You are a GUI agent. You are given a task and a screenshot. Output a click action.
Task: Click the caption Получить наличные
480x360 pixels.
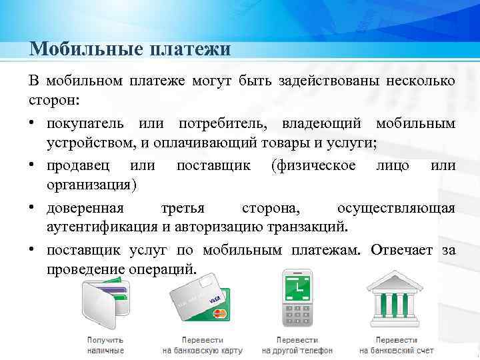[105, 345]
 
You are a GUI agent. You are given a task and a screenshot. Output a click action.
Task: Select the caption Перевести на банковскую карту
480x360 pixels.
[203, 345]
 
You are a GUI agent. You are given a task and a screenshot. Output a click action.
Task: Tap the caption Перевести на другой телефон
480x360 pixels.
[298, 345]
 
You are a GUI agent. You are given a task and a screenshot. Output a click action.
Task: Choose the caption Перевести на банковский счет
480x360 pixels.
[396, 345]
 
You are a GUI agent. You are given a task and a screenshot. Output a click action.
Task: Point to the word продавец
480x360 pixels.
[80, 165]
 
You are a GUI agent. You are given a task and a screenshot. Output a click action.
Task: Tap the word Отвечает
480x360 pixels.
[401, 251]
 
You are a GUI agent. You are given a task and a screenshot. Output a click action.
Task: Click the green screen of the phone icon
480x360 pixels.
[295, 287]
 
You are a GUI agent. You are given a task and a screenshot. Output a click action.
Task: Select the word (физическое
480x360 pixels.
[313, 165]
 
